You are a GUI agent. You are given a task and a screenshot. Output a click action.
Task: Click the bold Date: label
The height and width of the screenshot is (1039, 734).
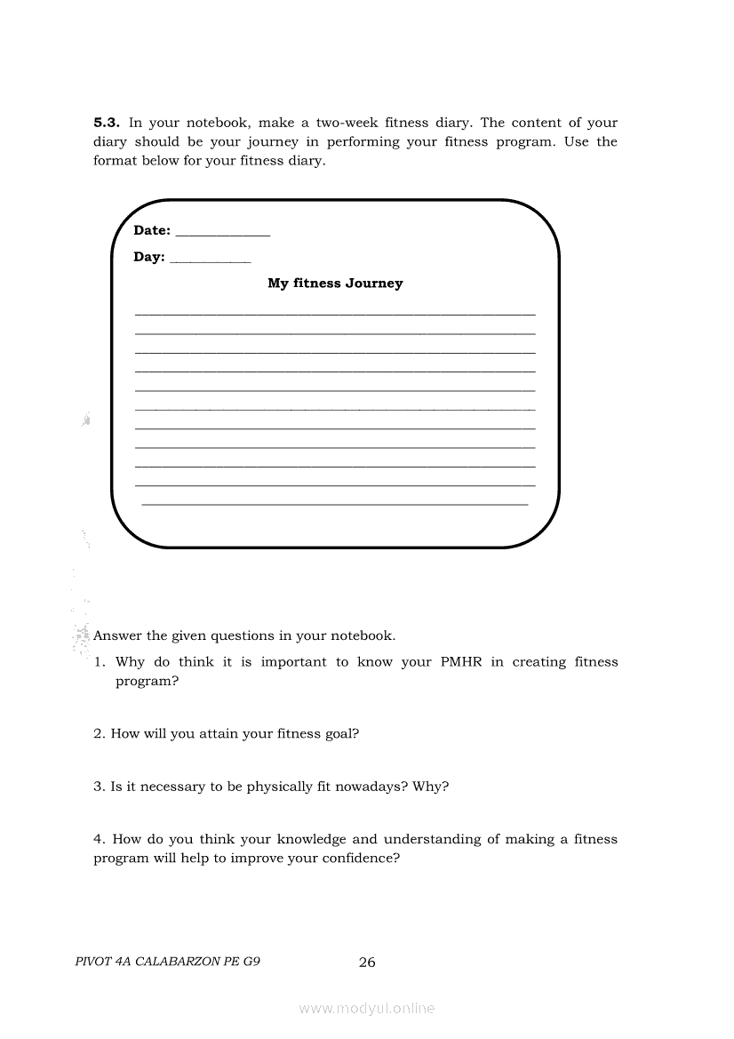click(x=152, y=230)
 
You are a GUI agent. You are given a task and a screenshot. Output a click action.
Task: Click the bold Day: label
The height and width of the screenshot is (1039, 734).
click(x=149, y=257)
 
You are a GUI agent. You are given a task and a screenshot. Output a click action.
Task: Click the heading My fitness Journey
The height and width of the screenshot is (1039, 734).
click(x=335, y=284)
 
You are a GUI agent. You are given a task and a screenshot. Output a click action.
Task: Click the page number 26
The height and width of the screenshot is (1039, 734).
click(x=367, y=962)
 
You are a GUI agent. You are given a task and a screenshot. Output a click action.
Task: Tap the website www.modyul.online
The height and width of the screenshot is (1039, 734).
click(x=367, y=1008)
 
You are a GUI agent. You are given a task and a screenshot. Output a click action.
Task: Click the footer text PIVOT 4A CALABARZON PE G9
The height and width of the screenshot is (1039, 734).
click(x=168, y=962)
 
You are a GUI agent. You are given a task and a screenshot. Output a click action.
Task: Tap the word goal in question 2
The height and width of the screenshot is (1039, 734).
click(x=341, y=734)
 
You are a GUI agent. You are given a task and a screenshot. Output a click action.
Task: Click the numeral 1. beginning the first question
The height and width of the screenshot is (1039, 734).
click(x=100, y=662)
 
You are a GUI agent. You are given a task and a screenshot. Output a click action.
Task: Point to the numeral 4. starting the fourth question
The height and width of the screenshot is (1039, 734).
click(x=100, y=839)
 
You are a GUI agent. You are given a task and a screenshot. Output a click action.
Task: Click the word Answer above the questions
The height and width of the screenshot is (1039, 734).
click(x=117, y=636)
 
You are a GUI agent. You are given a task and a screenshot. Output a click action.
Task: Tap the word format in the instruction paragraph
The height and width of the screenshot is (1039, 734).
click(x=114, y=161)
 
